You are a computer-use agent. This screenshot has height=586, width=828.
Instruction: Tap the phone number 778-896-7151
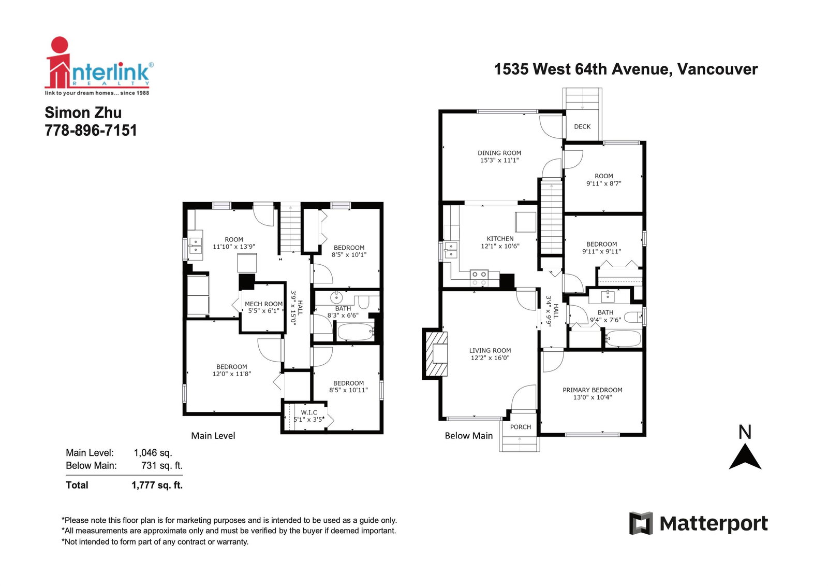91,130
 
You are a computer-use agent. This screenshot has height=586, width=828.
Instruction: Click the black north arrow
745,457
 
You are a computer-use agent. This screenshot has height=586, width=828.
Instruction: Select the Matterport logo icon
641,523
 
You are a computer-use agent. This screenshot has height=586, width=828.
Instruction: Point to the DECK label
582,126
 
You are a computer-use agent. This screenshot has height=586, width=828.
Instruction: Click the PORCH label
521,427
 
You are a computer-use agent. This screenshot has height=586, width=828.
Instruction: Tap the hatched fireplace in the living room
437,353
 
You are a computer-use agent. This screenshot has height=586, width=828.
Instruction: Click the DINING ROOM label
499,153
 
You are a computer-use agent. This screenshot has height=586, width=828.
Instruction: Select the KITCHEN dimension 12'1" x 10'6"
500,246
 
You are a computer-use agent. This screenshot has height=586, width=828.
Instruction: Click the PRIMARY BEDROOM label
593,390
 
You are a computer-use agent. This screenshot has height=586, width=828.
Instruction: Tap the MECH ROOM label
263,304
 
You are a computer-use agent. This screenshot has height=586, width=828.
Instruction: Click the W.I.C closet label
309,412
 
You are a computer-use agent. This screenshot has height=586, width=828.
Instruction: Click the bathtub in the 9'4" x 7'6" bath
623,338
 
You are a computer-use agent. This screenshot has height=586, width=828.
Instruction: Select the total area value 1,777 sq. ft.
157,485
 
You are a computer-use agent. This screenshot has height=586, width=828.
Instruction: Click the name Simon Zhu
83,112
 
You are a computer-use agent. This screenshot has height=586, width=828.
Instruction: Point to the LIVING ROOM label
490,351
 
